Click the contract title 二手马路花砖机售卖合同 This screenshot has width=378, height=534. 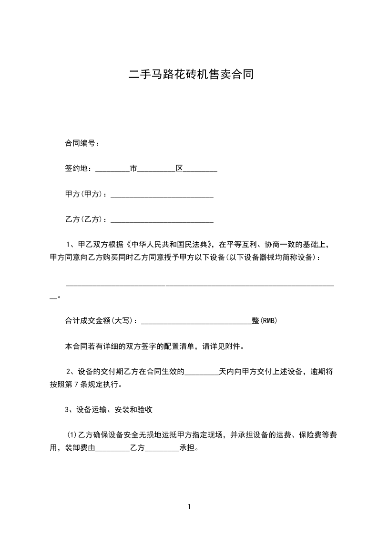tap(189, 74)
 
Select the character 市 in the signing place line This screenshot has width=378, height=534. tap(133, 168)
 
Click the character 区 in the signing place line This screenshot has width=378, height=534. tap(179, 168)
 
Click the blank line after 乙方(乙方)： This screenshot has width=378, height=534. tap(162, 220)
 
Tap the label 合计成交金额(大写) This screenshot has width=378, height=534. tap(100, 321)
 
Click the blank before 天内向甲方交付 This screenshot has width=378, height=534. tap(201, 372)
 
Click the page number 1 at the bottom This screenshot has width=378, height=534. tap(189, 507)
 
